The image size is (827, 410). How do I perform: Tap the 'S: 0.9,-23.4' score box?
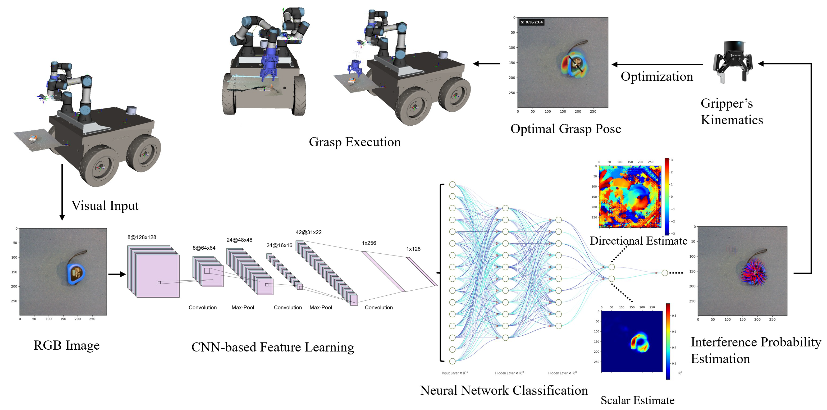[531, 22]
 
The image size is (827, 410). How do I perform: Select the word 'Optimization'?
[656, 76]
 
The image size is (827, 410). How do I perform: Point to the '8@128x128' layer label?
[142, 237]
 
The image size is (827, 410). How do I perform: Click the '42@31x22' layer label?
[308, 232]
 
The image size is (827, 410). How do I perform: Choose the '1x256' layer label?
[369, 243]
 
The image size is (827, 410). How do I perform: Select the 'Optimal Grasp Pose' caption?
[565, 129]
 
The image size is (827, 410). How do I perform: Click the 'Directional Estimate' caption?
[638, 241]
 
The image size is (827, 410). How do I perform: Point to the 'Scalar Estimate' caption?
[637, 400]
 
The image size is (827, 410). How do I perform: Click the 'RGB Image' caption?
[67, 345]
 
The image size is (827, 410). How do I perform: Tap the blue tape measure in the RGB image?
[76, 274]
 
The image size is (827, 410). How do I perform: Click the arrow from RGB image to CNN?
[117, 274]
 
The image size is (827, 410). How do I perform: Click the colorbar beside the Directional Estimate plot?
[667, 196]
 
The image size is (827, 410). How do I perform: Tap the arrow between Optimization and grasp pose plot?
[656, 64]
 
